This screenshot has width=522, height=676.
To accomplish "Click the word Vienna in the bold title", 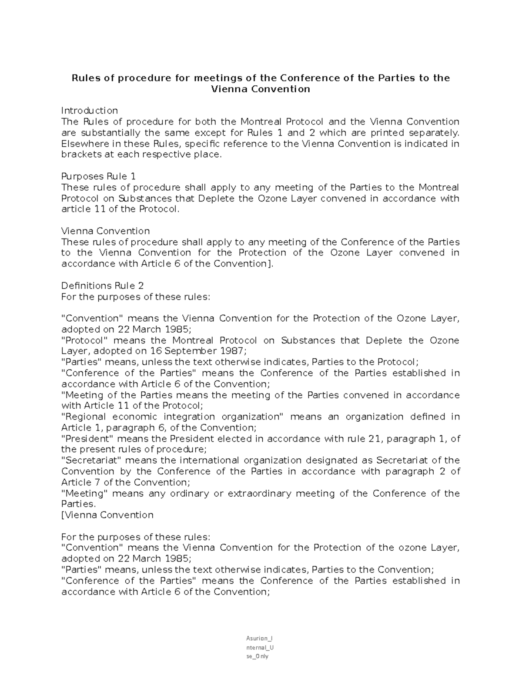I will pos(227,89).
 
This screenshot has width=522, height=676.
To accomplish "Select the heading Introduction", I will pos(90,111).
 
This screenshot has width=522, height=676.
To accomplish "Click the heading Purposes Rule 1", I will pos(99,176).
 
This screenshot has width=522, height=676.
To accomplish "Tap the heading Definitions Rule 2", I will pos(103,286).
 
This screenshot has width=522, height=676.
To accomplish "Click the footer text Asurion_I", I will pos(259,639).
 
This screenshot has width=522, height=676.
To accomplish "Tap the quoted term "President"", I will pos(86,439).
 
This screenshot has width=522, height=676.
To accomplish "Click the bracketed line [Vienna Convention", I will pos(108,515).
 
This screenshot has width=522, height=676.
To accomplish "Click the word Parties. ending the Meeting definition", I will pos(78,504).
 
